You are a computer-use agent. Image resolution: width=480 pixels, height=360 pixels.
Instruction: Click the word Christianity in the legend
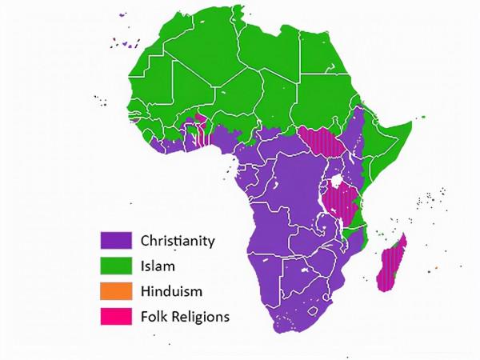[x=178, y=240]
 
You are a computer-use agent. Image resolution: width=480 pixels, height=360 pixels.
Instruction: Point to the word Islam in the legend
[x=158, y=265]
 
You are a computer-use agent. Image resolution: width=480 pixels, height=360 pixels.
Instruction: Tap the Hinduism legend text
[x=170, y=290]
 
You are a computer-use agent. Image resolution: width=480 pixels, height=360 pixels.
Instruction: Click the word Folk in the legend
[x=154, y=316]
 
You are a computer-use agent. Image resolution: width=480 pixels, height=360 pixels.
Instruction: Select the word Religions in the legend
[x=201, y=316]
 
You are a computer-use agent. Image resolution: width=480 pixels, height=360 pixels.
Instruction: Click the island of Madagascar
[x=391, y=260]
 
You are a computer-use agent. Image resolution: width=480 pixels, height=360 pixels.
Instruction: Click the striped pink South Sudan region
[x=321, y=142]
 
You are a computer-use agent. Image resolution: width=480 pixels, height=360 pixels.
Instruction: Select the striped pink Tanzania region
[x=342, y=204]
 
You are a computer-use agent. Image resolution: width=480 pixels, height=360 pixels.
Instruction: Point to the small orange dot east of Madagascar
[x=436, y=267]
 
